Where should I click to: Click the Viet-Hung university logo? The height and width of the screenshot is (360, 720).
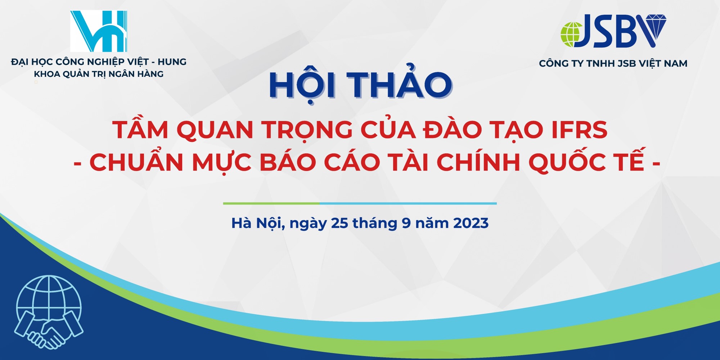pyautogui.click(x=99, y=31)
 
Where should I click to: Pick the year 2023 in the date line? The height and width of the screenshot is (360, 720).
pyautogui.click(x=471, y=223)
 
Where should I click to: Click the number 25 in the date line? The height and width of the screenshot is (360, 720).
pyautogui.click(x=339, y=223)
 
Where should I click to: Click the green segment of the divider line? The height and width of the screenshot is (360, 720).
pyautogui.click(x=271, y=203)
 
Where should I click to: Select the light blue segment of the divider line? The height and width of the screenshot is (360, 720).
pyautogui.click(x=408, y=203)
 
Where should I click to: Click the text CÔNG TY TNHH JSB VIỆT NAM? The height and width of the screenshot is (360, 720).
pyautogui.click(x=613, y=63)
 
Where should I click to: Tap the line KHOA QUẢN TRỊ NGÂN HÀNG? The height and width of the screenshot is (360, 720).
pyautogui.click(x=99, y=74)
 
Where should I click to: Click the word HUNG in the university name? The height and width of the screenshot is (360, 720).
pyautogui.click(x=172, y=62)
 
